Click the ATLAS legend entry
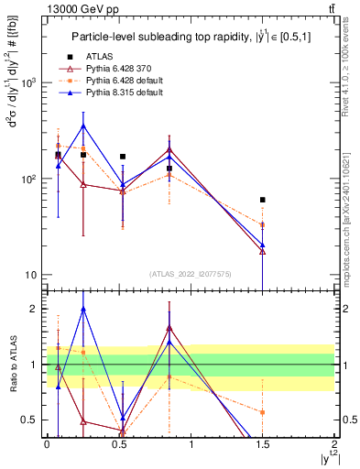[98, 57]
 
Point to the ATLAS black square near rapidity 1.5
[263, 200]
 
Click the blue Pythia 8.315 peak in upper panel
[83, 125]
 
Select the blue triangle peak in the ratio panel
[83, 309]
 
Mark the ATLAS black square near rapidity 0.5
[123, 157]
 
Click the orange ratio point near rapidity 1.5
[263, 412]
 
